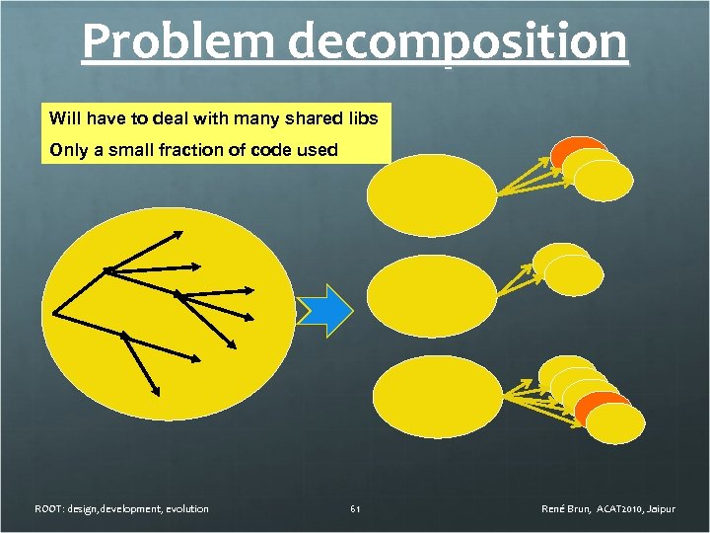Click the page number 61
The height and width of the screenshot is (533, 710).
(355, 509)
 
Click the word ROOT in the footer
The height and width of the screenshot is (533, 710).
(48, 509)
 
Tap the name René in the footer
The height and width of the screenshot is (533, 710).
(554, 509)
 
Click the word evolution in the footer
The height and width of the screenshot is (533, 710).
(184, 509)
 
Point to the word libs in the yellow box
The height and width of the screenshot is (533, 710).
(360, 118)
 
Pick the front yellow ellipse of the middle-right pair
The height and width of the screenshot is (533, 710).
(568, 275)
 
